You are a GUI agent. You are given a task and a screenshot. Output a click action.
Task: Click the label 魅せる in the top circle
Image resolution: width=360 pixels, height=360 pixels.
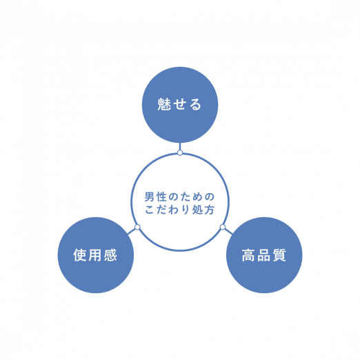(x=179, y=104)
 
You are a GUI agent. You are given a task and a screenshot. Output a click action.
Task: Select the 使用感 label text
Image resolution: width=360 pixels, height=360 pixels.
(x=95, y=255)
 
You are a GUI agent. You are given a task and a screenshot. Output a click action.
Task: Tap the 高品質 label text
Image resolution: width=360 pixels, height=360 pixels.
(x=263, y=255)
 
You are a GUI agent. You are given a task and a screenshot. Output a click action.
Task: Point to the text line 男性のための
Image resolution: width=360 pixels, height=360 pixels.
(x=179, y=197)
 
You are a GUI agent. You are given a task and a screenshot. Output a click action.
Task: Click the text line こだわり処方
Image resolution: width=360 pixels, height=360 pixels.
(x=179, y=210)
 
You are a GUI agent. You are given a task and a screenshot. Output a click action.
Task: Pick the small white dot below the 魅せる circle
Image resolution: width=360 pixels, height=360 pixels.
(x=180, y=152)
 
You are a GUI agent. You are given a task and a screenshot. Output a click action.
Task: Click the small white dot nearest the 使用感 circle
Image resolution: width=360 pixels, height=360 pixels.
(x=137, y=227)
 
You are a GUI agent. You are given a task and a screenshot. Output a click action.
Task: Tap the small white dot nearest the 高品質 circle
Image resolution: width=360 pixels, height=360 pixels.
(x=223, y=227)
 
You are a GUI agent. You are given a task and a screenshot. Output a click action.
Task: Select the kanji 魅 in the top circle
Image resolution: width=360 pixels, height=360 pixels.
(x=164, y=104)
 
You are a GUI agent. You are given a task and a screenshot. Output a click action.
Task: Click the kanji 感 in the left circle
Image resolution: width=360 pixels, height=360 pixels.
(x=110, y=255)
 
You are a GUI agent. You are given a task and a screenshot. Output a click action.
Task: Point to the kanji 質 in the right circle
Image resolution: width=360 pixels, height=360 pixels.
(x=279, y=255)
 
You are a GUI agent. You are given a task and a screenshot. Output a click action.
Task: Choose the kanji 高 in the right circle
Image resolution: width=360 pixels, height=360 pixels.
(x=248, y=255)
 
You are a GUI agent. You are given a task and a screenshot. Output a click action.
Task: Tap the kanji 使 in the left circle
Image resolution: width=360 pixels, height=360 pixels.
(x=80, y=255)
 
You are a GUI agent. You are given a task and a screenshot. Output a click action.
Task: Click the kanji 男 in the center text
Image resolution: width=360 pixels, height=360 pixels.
(x=149, y=197)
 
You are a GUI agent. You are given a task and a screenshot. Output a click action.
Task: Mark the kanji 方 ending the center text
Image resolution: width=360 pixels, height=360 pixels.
(x=210, y=210)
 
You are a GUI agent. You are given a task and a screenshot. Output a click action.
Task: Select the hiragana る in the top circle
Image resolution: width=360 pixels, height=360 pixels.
(x=195, y=104)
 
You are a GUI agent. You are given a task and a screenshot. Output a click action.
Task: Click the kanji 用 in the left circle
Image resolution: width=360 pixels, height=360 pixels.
(x=95, y=255)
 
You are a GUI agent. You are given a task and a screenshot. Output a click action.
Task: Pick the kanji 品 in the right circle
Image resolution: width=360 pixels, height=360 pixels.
(x=263, y=255)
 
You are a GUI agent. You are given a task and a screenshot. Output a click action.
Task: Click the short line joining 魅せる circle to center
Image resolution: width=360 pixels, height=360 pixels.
(x=180, y=146)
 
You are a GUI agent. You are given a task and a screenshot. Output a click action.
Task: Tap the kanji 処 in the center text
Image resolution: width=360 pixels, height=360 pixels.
(x=197, y=210)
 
